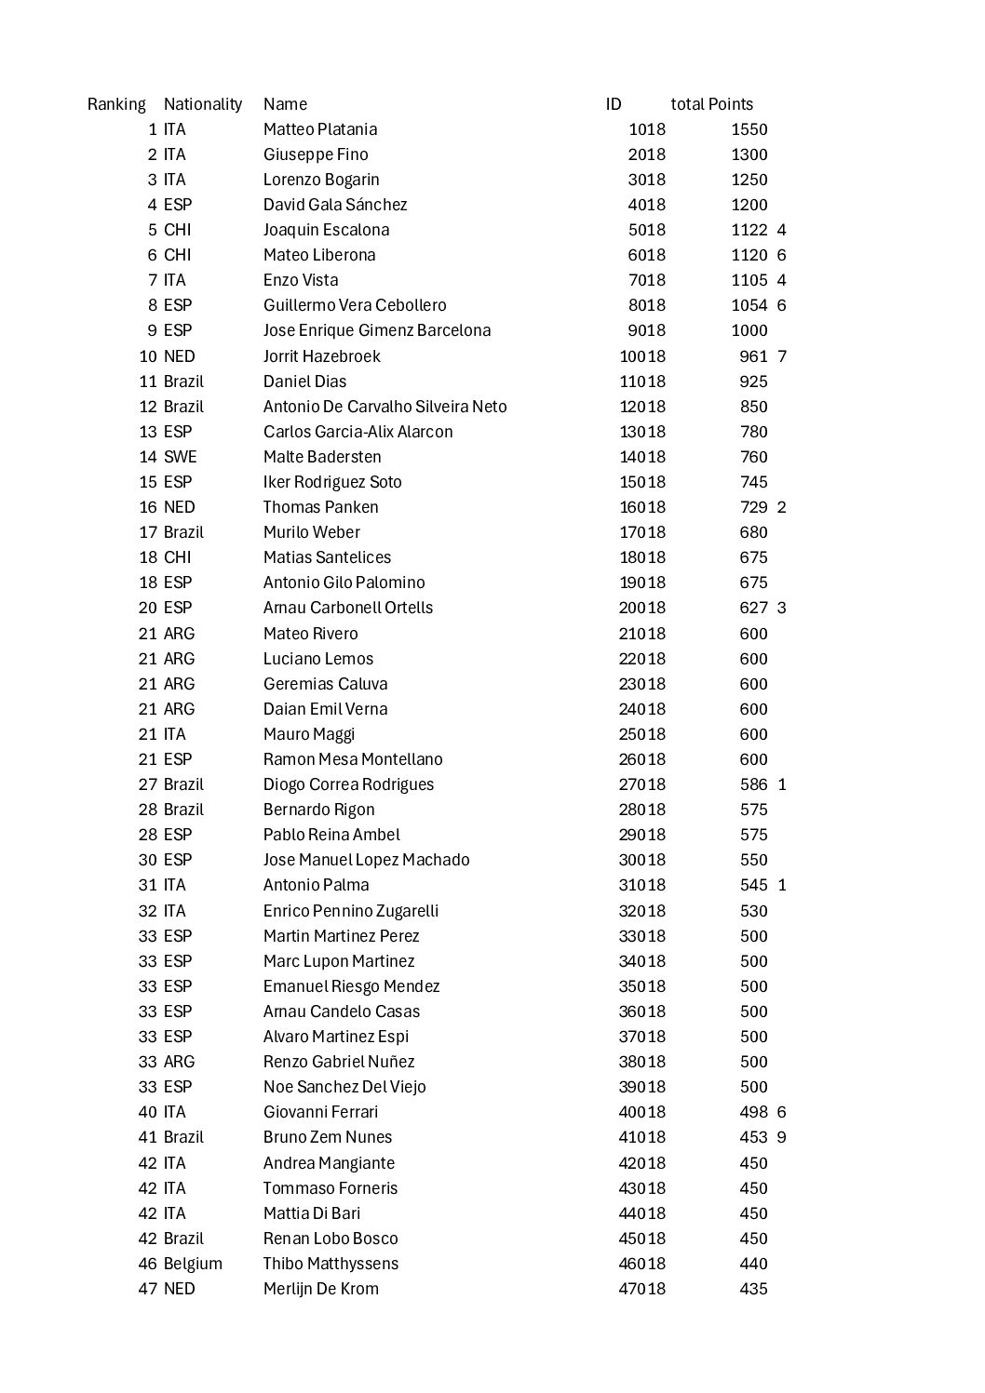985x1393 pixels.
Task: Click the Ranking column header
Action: tap(116, 104)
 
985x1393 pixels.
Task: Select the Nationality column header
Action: tap(202, 104)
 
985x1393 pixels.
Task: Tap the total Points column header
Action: tap(711, 104)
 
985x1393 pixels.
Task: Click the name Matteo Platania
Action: tap(319, 129)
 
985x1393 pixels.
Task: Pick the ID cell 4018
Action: tap(646, 205)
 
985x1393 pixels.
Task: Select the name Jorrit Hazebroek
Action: tap(321, 356)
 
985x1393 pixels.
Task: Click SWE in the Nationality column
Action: tap(180, 457)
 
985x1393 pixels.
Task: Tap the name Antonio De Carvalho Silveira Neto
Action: tap(385, 407)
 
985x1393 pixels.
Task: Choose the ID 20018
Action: tap(642, 608)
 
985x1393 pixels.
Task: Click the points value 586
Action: tap(753, 784)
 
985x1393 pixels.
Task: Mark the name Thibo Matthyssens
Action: tap(331, 1264)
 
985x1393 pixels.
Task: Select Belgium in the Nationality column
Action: tap(193, 1264)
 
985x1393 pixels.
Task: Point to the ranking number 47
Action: tap(147, 1289)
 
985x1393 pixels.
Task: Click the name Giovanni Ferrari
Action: tap(320, 1112)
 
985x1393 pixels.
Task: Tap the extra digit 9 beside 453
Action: tap(781, 1137)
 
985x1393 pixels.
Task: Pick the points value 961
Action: tap(753, 356)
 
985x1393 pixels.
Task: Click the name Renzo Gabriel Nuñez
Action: tap(339, 1062)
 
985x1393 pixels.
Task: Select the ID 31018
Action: tap(642, 885)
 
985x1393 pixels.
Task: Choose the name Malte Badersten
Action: tap(321, 457)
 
